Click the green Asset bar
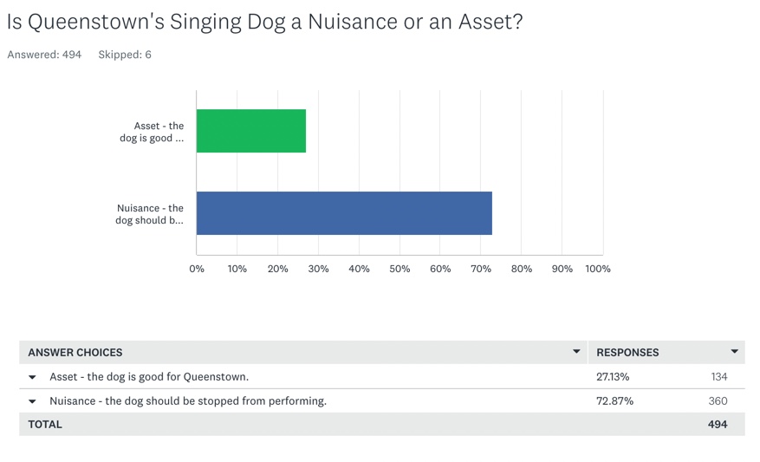[251, 131]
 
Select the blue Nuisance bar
[344, 213]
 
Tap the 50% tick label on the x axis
[399, 269]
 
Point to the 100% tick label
[598, 269]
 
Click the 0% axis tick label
[197, 269]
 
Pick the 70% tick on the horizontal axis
[481, 269]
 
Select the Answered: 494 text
[44, 55]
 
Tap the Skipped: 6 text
[125, 55]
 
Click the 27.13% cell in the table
[613, 377]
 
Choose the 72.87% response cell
[614, 401]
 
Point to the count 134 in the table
[718, 377]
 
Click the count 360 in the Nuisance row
[718, 401]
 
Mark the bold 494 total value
[718, 425]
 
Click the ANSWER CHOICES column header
[75, 353]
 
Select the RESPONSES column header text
[627, 353]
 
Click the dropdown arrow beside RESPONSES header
[734, 352]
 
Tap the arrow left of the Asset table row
[33, 378]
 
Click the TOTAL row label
[45, 425]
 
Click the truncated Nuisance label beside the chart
[150, 214]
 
